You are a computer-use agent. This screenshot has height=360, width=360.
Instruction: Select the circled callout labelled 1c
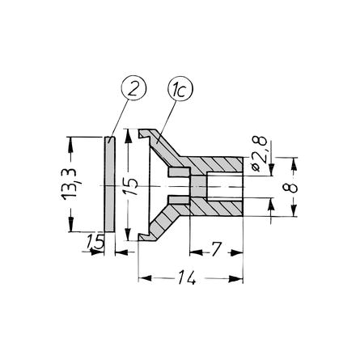pos(180,89)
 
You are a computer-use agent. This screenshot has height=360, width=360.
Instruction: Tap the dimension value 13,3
pos(70,184)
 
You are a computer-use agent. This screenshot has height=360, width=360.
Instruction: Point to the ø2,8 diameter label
pos(260,154)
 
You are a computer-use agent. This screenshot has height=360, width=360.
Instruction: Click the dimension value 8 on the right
pos(290,187)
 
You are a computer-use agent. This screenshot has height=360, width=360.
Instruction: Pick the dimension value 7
pos(217,249)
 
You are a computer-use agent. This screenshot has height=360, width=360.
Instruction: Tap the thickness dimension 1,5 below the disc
pos(95,242)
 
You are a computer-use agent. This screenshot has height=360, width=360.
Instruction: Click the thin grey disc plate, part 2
pos(109,184)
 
